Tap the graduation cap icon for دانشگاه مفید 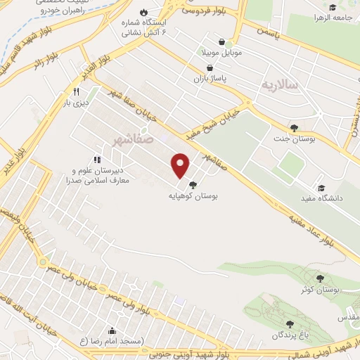321,188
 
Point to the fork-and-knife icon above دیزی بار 75,92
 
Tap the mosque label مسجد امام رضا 121,341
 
